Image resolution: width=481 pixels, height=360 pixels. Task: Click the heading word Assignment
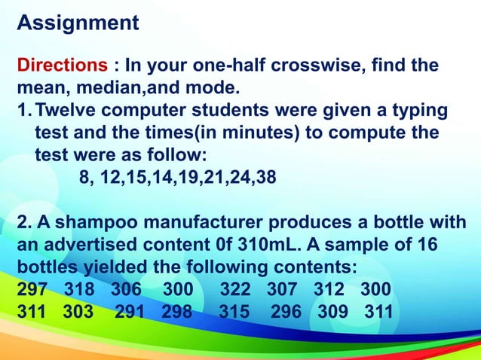tap(78, 23)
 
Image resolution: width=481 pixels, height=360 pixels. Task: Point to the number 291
tap(130, 311)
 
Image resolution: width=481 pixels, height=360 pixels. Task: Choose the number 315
tap(234, 311)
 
